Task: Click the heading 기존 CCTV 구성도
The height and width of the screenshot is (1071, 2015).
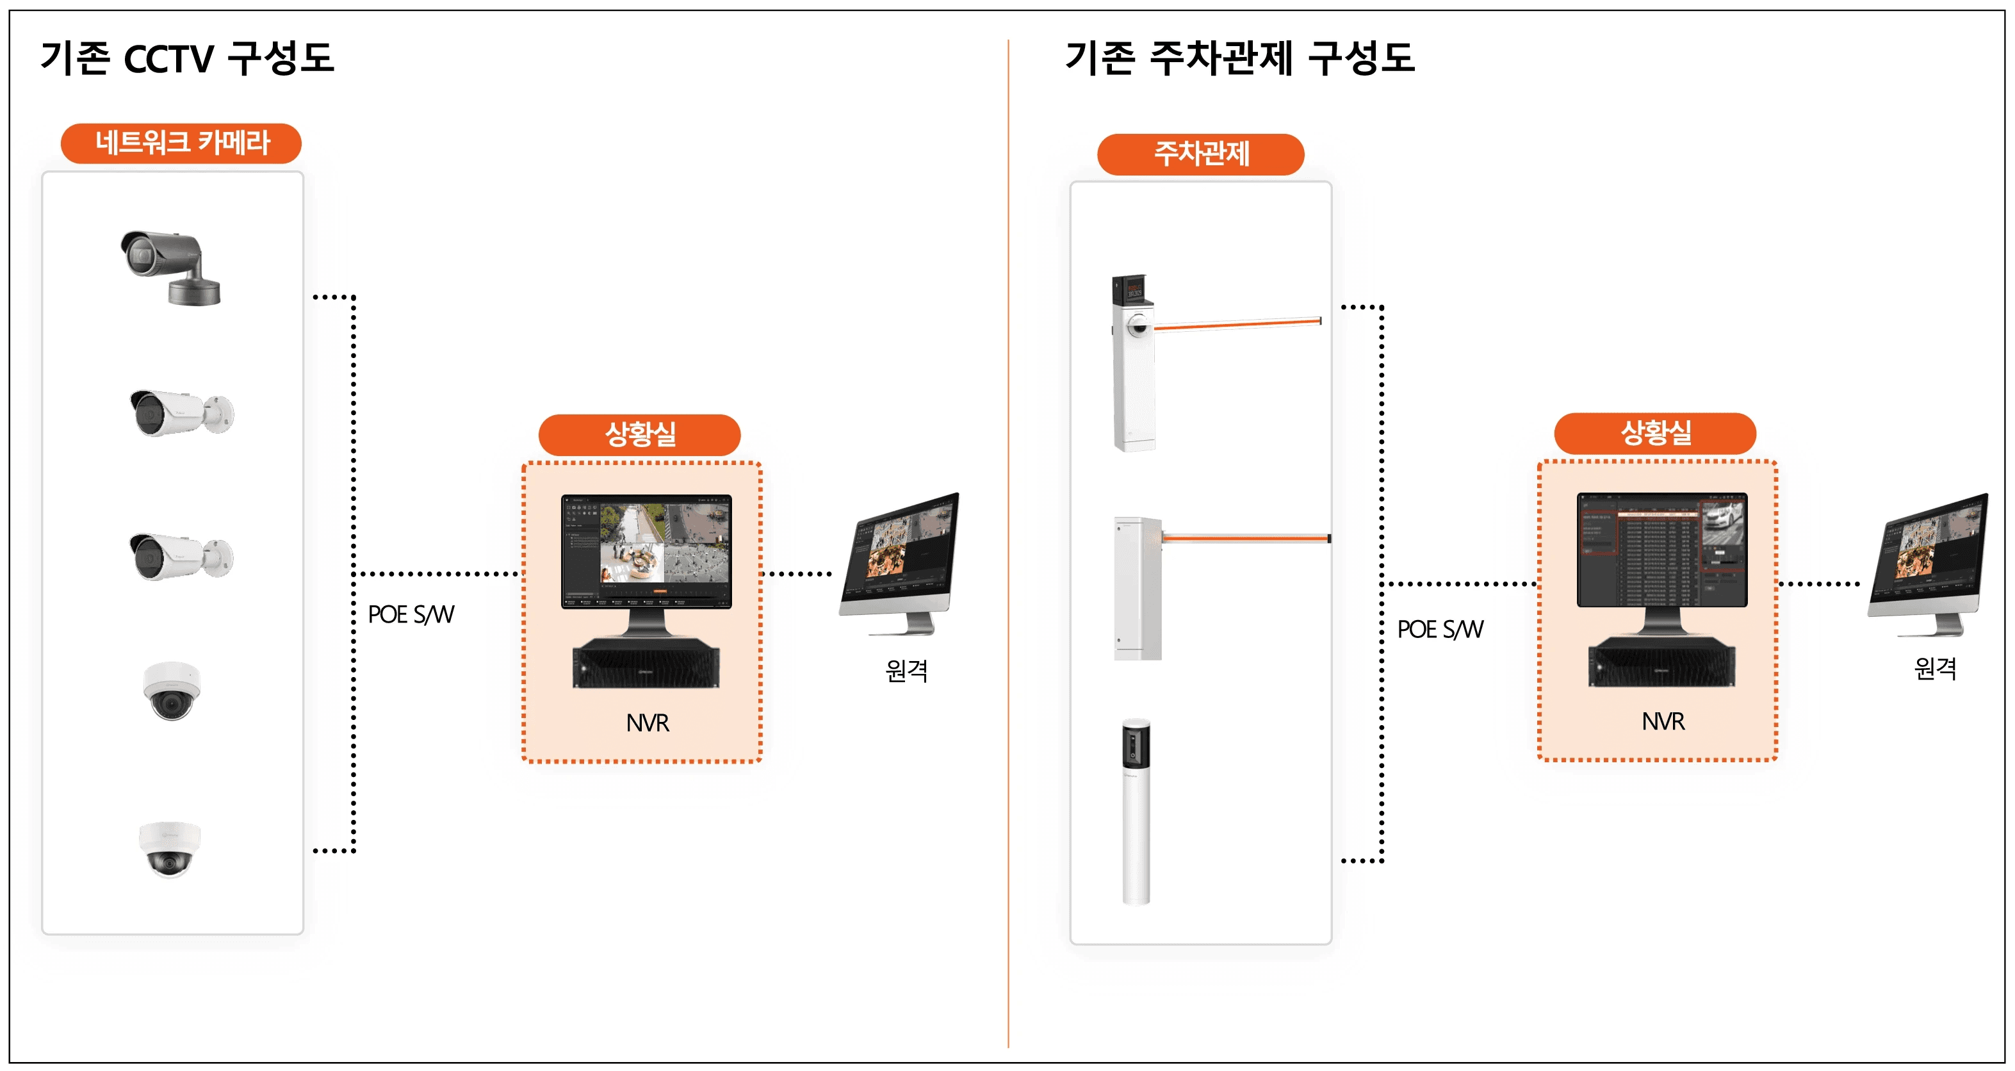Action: click(187, 59)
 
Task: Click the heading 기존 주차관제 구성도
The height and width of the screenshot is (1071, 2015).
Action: click(1240, 59)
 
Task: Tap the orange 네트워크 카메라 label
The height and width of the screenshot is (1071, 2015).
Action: click(181, 143)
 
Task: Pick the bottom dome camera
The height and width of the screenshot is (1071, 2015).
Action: click(169, 848)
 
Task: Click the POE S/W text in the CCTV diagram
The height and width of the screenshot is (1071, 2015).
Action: click(411, 615)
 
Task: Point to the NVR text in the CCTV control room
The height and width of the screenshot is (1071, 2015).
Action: click(647, 723)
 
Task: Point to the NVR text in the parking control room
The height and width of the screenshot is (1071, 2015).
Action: click(1663, 721)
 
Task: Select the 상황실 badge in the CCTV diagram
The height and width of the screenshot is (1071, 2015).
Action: click(640, 435)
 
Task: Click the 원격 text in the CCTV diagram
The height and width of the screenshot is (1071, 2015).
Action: click(906, 671)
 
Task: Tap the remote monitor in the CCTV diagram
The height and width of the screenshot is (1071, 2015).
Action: click(901, 561)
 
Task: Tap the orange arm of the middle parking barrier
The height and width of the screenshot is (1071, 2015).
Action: click(1245, 538)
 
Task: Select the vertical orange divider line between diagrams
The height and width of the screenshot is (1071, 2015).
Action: click(1008, 548)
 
